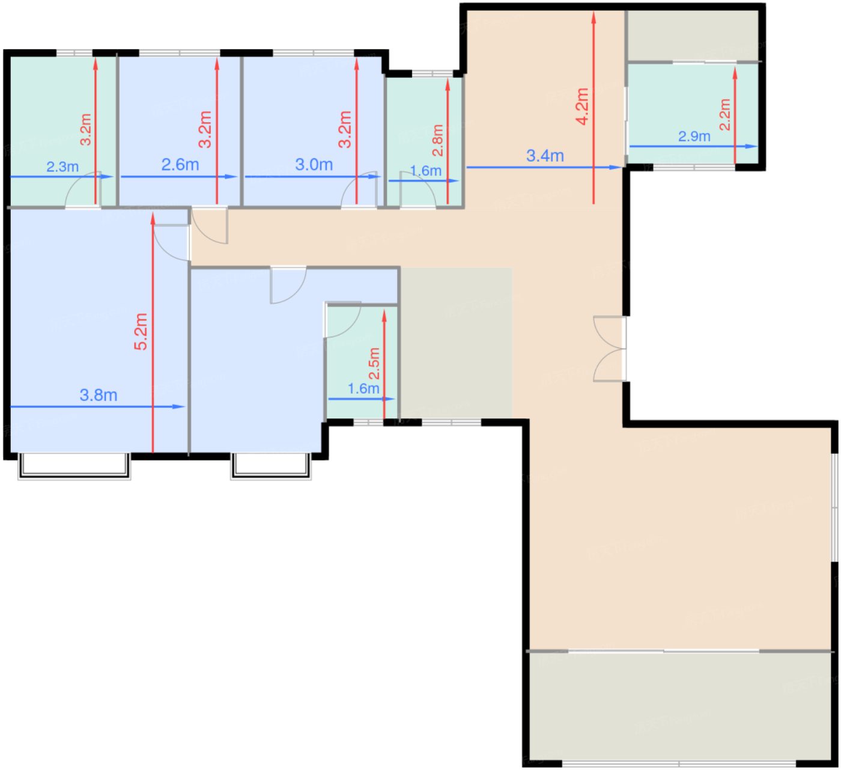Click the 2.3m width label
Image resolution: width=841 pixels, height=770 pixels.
pyautogui.click(x=62, y=167)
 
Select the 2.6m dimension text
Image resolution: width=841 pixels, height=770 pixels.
pyautogui.click(x=180, y=164)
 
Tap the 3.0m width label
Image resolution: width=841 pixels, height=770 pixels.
pyautogui.click(x=314, y=164)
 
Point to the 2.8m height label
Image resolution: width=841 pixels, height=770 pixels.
pyautogui.click(x=438, y=140)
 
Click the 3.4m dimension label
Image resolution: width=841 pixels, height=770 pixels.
pyautogui.click(x=545, y=156)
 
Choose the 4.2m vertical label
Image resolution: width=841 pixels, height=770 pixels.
pyautogui.click(x=582, y=106)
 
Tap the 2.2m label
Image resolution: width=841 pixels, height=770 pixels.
pyautogui.click(x=725, y=114)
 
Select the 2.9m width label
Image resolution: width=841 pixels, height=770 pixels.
pyautogui.click(x=694, y=136)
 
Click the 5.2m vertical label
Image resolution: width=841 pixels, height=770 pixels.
pyautogui.click(x=141, y=331)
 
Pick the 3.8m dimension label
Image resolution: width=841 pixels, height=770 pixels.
pyautogui.click(x=99, y=395)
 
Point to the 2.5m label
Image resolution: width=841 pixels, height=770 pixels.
pyautogui.click(x=374, y=363)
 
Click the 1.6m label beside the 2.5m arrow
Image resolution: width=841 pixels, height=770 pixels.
pyautogui.click(x=363, y=389)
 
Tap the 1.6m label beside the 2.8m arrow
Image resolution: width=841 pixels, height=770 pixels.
pyautogui.click(x=425, y=171)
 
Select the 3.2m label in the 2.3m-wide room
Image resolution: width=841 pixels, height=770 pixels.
pyautogui.click(x=86, y=129)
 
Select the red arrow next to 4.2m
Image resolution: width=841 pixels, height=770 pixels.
pyautogui.click(x=594, y=108)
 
